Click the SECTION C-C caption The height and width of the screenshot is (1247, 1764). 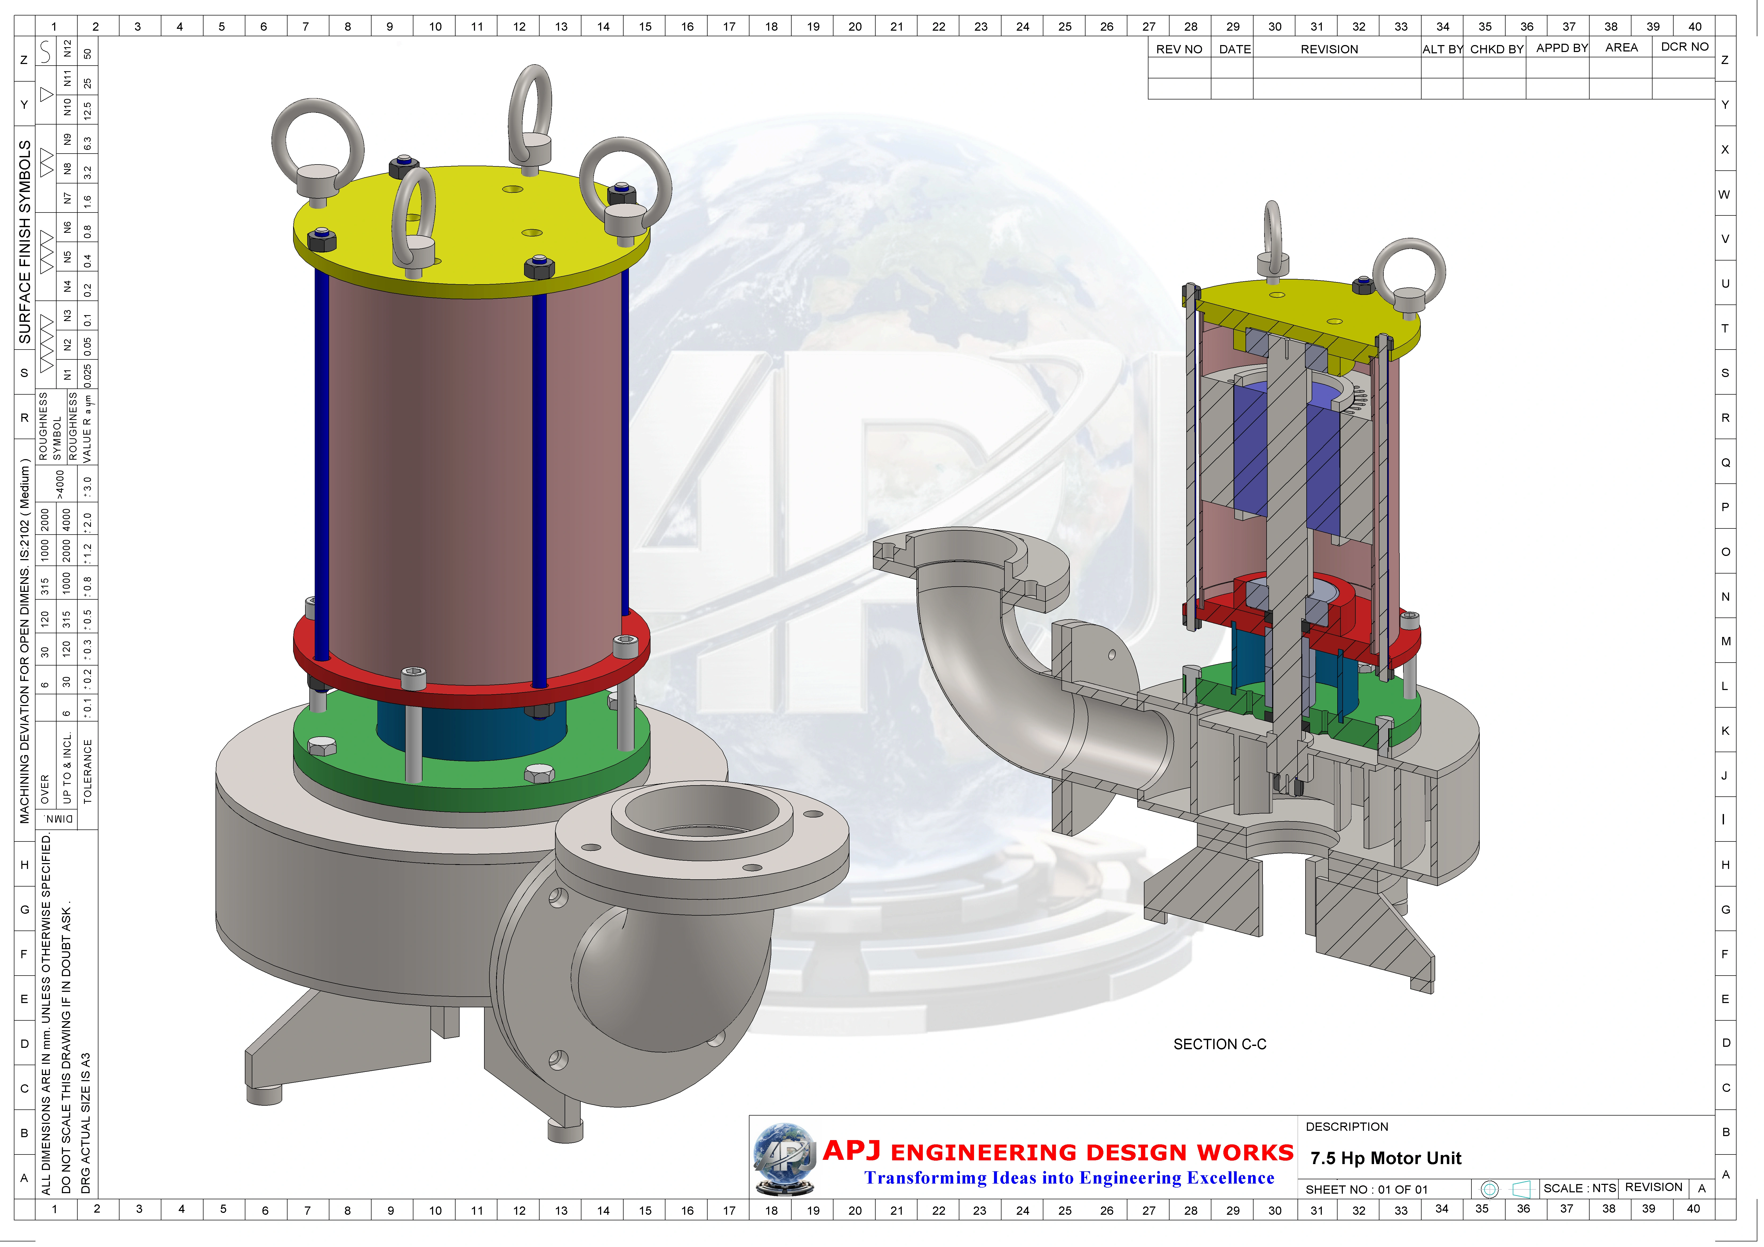pyautogui.click(x=1219, y=1044)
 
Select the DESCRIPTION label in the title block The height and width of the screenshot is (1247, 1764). pyautogui.click(x=1347, y=1126)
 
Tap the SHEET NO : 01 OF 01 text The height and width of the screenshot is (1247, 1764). pyautogui.click(x=1366, y=1189)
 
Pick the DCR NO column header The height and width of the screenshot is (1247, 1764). pyautogui.click(x=1684, y=47)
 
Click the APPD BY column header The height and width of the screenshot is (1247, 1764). pyautogui.click(x=1561, y=48)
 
